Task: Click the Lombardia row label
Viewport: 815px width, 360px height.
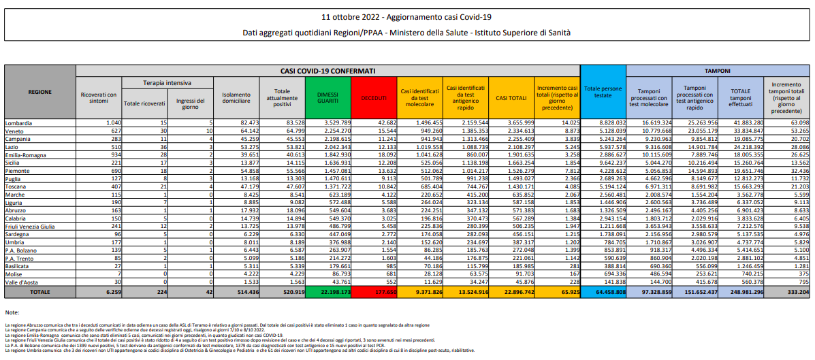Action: click(x=20, y=122)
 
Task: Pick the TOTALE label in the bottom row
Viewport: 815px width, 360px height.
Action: click(x=38, y=292)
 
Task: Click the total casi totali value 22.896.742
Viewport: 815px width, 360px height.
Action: click(x=511, y=292)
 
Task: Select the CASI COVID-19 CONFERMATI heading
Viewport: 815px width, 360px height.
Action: click(x=327, y=70)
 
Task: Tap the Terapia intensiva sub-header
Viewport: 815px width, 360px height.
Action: click(x=166, y=82)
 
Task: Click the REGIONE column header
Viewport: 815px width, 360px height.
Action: click(x=39, y=91)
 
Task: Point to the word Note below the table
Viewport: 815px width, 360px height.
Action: click(x=12, y=312)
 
